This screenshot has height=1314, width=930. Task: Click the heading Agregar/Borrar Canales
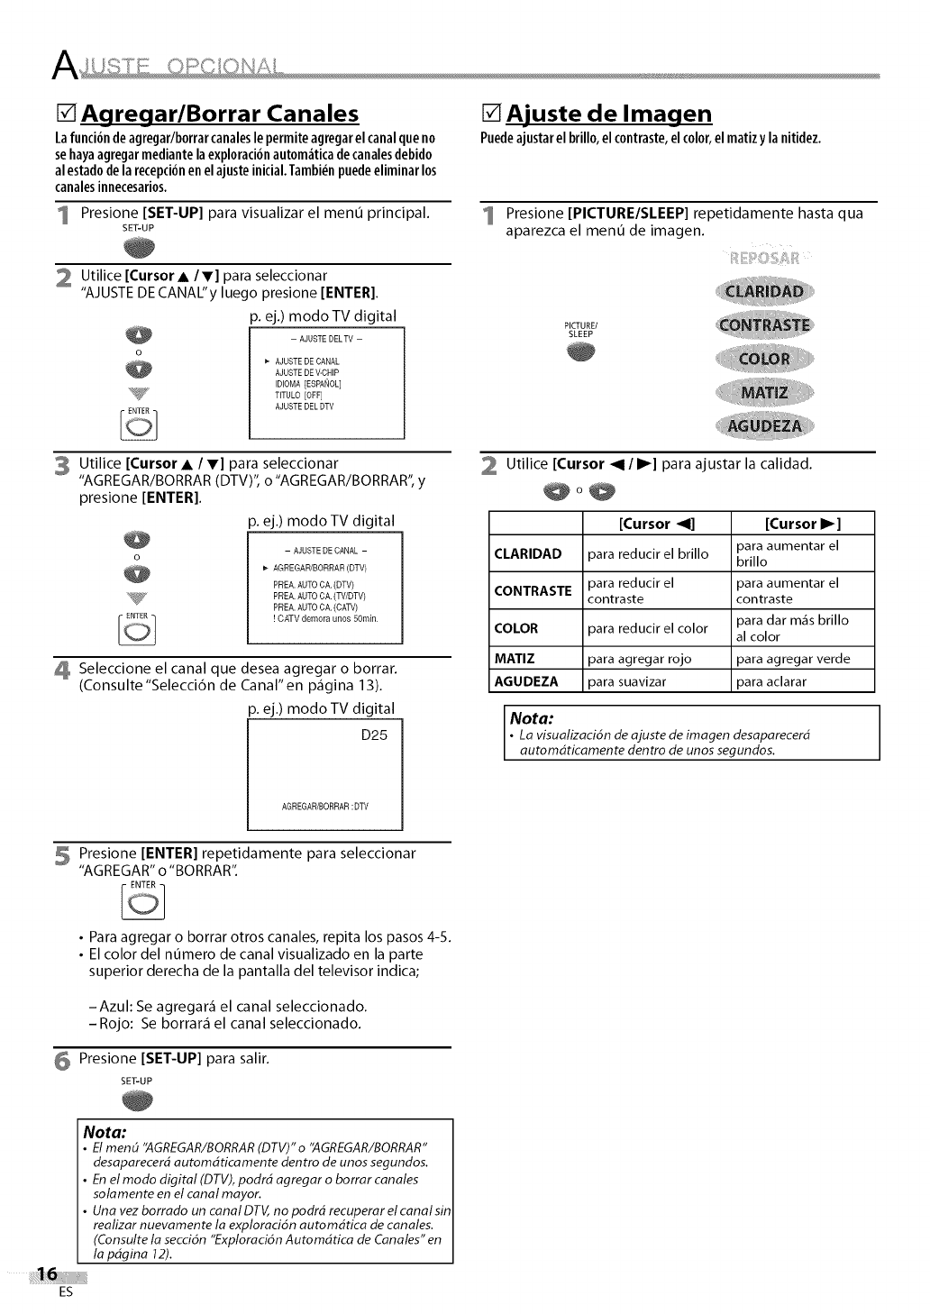[x=220, y=114]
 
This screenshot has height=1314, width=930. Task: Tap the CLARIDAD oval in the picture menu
[x=764, y=291]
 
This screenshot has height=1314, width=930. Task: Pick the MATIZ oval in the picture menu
[x=764, y=393]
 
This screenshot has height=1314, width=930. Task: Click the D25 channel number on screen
[x=373, y=735]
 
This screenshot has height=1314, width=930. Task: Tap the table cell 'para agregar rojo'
[x=639, y=659]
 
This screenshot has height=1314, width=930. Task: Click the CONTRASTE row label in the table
[x=533, y=591]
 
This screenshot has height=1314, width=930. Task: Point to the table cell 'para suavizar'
[x=626, y=681]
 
